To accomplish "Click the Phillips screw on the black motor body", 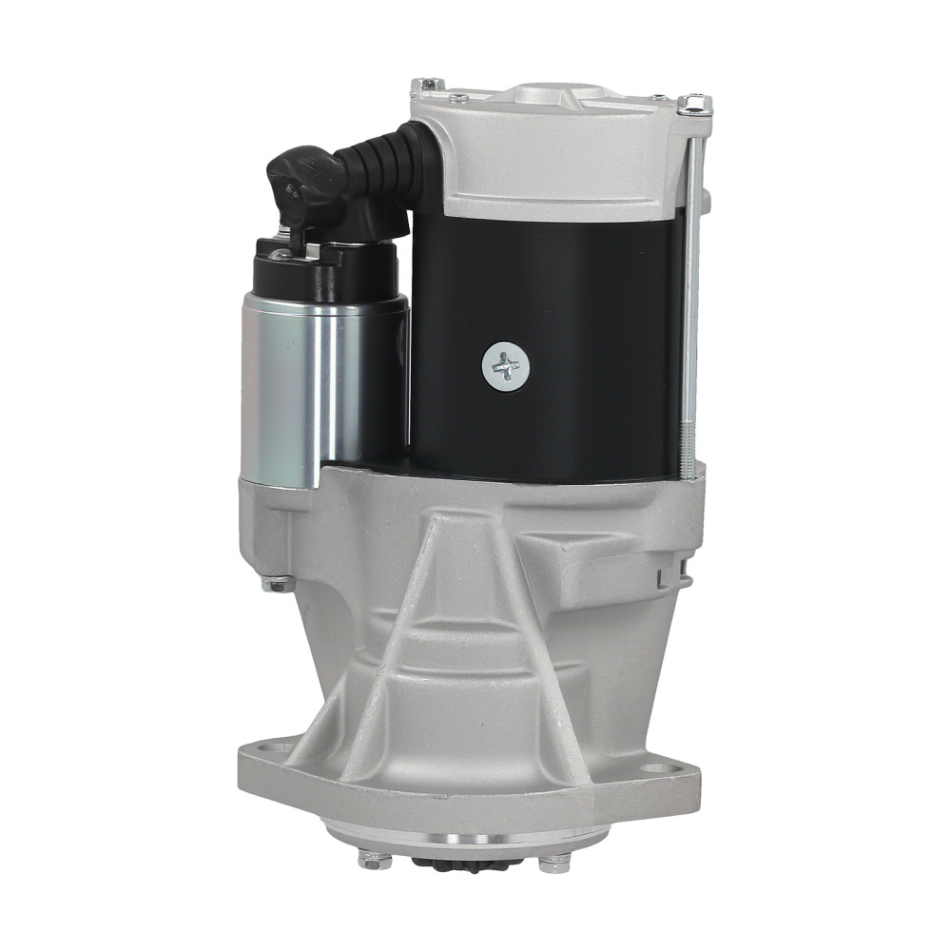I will click(x=503, y=365).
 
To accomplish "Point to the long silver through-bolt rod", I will click(x=690, y=285).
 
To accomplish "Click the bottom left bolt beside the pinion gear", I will click(x=373, y=861).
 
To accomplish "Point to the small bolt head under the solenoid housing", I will click(x=277, y=585).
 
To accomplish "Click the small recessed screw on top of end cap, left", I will click(x=458, y=96).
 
